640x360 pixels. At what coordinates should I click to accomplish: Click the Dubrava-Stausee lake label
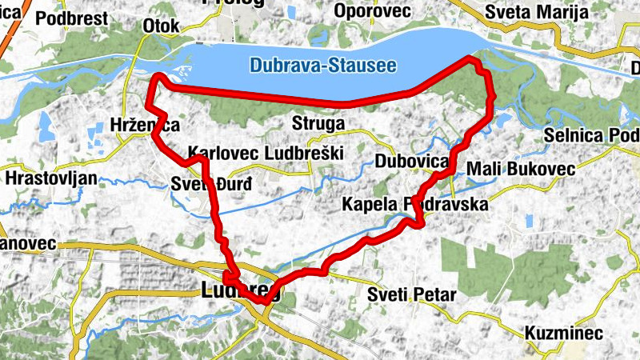[322, 65]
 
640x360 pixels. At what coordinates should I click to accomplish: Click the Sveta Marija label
[536, 12]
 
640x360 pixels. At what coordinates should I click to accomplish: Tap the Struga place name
[318, 125]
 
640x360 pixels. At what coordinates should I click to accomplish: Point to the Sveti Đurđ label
[211, 186]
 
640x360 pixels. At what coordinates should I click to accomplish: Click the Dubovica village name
[412, 162]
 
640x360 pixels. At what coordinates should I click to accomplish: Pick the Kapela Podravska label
[414, 205]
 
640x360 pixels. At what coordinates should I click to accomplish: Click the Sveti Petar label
[411, 294]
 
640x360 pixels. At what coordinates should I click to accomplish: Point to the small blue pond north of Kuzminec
[529, 221]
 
